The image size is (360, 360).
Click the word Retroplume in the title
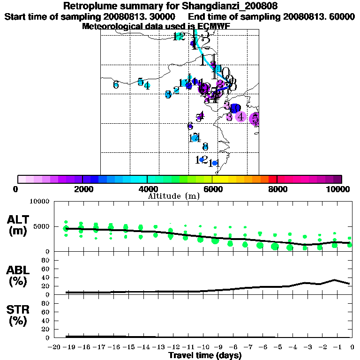click(88, 6)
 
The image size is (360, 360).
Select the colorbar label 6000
click(212, 189)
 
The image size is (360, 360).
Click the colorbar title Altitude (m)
click(173, 196)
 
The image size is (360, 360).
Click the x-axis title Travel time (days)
click(205, 355)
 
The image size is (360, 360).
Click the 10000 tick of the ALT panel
click(40, 202)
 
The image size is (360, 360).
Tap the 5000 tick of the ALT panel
click(42, 226)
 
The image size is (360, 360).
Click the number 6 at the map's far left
click(116, 85)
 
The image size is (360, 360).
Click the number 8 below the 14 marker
click(205, 146)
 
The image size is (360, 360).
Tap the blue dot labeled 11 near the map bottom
click(215, 163)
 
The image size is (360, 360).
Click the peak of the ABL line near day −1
click(335, 280)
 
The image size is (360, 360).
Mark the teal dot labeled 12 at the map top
click(179, 37)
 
